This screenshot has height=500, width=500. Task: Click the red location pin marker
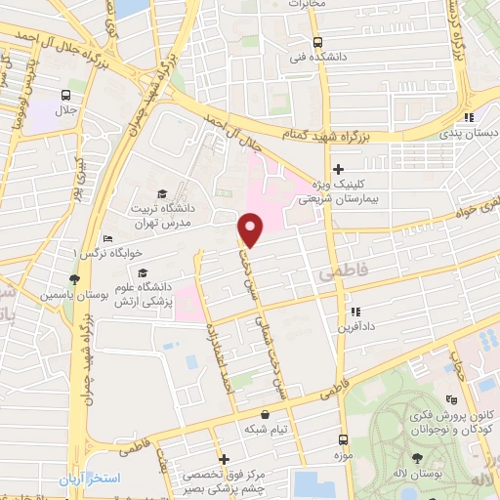pyautogui.click(x=251, y=229)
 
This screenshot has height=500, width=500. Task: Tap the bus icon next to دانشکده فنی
pyautogui.click(x=317, y=42)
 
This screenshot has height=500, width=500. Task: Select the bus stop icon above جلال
pyautogui.click(x=65, y=95)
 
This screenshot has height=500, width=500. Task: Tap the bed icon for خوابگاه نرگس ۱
pyautogui.click(x=107, y=239)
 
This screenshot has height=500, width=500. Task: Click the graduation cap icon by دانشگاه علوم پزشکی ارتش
pyautogui.click(x=143, y=272)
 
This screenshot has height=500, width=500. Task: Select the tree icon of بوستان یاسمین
pyautogui.click(x=73, y=279)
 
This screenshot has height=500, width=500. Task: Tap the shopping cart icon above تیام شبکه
pyautogui.click(x=266, y=414)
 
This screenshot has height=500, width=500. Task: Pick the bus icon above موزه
pyautogui.click(x=343, y=439)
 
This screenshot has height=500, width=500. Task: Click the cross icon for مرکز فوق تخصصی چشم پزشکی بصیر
pyautogui.click(x=224, y=459)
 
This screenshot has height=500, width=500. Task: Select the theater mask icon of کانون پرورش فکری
pyautogui.click(x=450, y=399)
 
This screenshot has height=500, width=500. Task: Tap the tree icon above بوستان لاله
pyautogui.click(x=418, y=458)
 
